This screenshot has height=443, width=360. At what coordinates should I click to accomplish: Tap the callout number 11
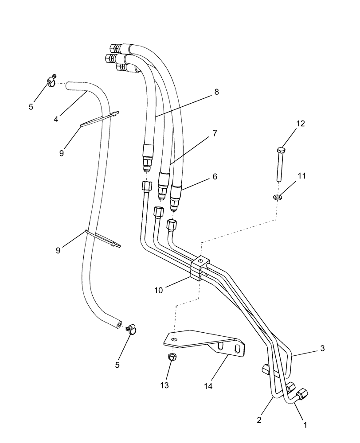coord(302,176)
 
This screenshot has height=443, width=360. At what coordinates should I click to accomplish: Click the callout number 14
coord(208,386)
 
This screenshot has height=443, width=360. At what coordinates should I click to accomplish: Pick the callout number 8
coord(216,92)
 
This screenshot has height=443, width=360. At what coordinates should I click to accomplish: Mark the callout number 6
coord(215,176)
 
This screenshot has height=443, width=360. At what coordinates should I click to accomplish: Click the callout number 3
coord(323,348)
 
